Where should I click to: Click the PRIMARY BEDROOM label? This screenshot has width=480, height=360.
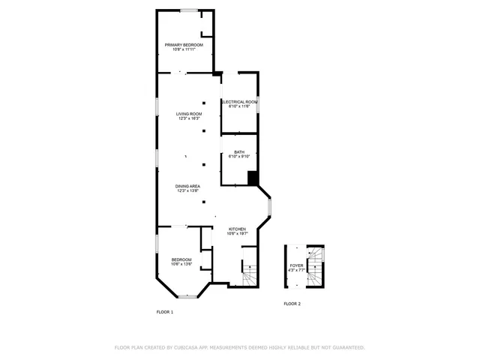[184, 45]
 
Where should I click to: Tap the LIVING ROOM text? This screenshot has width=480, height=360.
[189, 114]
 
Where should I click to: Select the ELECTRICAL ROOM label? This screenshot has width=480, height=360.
[239, 101]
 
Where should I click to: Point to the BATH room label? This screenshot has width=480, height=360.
[239, 152]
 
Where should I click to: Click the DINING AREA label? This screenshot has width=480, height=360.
[187, 186]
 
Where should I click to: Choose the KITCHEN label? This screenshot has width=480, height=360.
[237, 229]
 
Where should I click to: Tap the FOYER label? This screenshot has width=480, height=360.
[296, 265]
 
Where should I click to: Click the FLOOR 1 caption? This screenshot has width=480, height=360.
[164, 311]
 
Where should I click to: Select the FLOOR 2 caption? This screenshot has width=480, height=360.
[292, 304]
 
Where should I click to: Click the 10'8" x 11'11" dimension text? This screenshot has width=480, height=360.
[184, 49]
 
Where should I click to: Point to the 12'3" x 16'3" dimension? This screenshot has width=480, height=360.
[189, 118]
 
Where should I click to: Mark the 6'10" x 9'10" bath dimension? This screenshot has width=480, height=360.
[239, 157]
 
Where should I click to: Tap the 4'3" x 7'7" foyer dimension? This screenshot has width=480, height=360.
[296, 270]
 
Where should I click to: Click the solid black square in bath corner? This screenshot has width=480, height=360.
[253, 178]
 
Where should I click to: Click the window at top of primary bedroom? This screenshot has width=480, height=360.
[188, 10]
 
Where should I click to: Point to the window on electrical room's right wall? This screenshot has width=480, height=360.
[258, 104]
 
